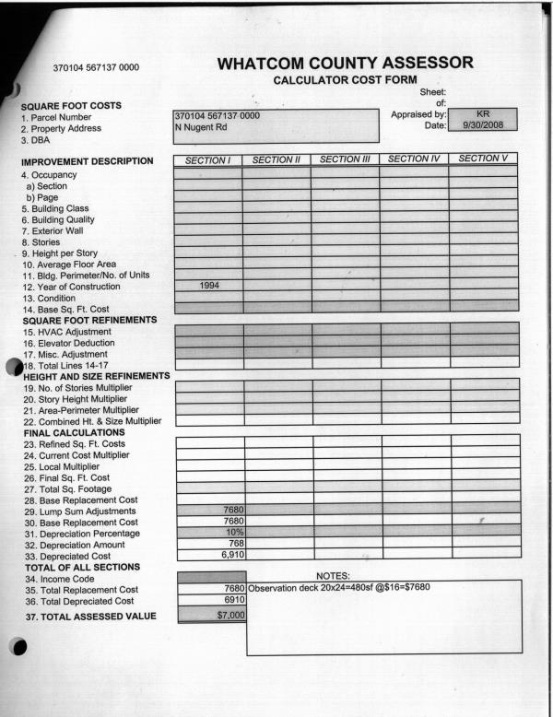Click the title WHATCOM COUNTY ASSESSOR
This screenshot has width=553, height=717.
pos(346,63)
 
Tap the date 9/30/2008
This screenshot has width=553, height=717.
pos(480,125)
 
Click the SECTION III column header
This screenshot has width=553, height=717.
pos(345,159)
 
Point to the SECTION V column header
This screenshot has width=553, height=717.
pos(483,159)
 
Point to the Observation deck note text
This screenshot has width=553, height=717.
pos(331,588)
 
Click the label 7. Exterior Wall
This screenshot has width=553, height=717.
pos(57,230)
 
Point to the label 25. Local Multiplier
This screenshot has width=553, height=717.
pos(67,466)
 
